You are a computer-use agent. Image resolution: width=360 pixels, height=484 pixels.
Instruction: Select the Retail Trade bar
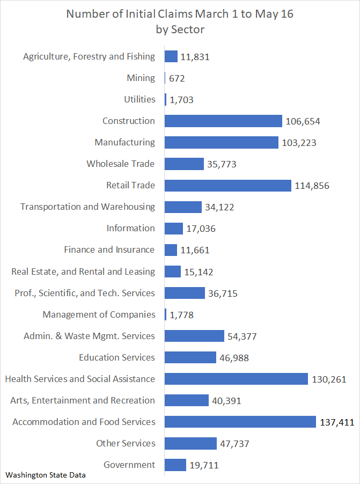227,185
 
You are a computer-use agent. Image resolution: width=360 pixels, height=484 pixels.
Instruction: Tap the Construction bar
223,121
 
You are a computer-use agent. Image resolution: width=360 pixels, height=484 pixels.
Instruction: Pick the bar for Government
175,465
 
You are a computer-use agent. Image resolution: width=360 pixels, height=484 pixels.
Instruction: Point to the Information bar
173,229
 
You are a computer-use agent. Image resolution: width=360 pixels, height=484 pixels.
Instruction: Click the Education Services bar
190,357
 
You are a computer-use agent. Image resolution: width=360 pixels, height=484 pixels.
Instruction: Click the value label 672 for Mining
177,78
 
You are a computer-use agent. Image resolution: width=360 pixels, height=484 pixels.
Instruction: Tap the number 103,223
299,143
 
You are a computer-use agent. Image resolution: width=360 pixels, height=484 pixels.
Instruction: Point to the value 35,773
221,164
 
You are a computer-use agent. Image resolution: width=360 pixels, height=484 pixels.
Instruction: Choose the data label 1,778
181,315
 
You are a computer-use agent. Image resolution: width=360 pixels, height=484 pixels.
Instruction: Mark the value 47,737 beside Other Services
234,444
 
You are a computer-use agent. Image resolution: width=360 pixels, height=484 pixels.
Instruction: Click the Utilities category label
139,99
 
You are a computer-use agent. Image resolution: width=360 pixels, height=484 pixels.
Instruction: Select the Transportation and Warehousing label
87,207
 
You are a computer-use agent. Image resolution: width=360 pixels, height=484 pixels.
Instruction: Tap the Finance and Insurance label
109,250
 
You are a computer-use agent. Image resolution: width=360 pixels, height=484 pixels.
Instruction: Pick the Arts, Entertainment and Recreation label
83,400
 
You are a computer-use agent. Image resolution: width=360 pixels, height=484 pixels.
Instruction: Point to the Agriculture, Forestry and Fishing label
89,56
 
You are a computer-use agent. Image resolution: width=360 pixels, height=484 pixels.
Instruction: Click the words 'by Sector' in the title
180,30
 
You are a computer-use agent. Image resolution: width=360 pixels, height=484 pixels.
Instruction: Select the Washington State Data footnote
46,475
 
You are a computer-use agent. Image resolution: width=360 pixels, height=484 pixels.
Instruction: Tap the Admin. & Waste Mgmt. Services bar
194,336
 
